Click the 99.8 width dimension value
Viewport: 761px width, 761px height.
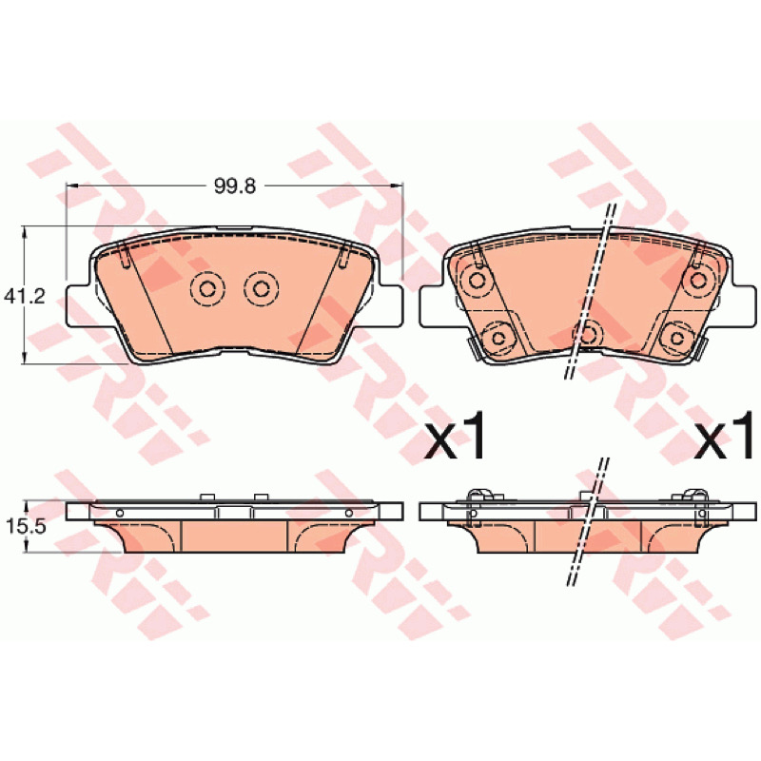[x=235, y=185]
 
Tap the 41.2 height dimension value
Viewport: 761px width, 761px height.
[x=25, y=296]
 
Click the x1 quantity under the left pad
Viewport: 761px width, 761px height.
[x=454, y=436]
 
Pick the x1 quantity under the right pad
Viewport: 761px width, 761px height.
[x=724, y=436]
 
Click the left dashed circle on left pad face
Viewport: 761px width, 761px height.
[x=207, y=289]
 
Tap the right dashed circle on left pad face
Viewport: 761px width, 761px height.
[x=261, y=289]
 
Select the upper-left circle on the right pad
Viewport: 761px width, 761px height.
[x=477, y=280]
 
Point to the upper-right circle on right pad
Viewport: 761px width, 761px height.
[x=699, y=280]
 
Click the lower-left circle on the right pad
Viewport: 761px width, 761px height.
[x=498, y=338]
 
